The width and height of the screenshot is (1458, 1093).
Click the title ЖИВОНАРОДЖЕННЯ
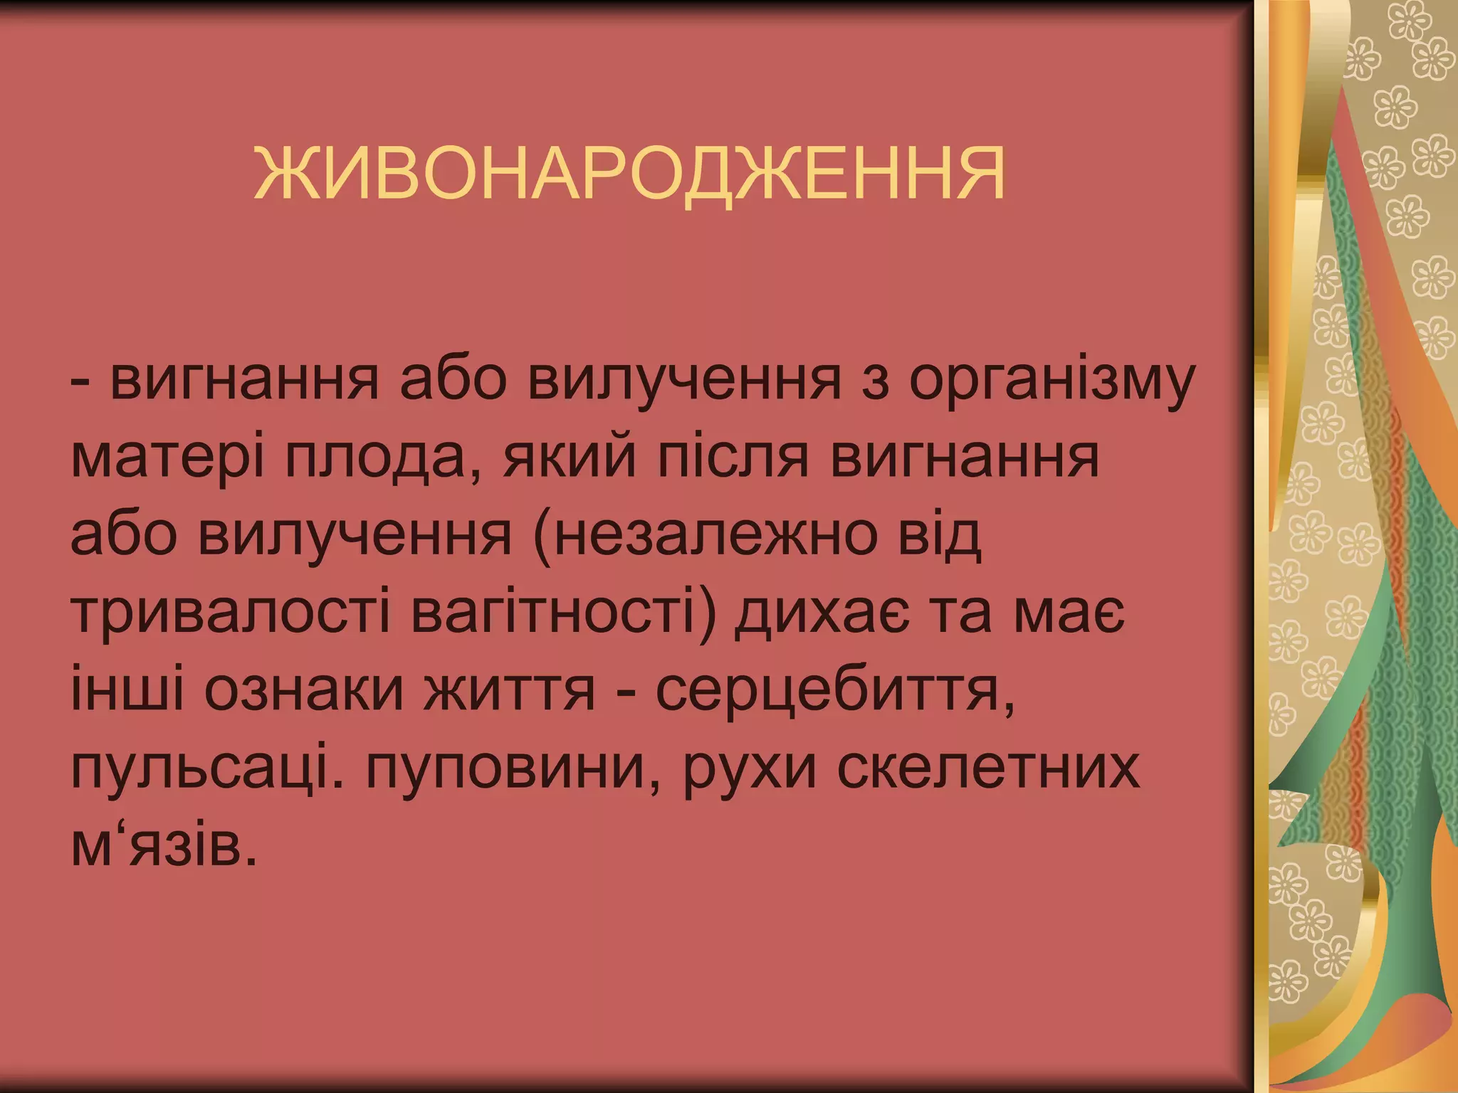click(629, 175)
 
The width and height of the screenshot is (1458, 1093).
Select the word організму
click(1050, 381)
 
